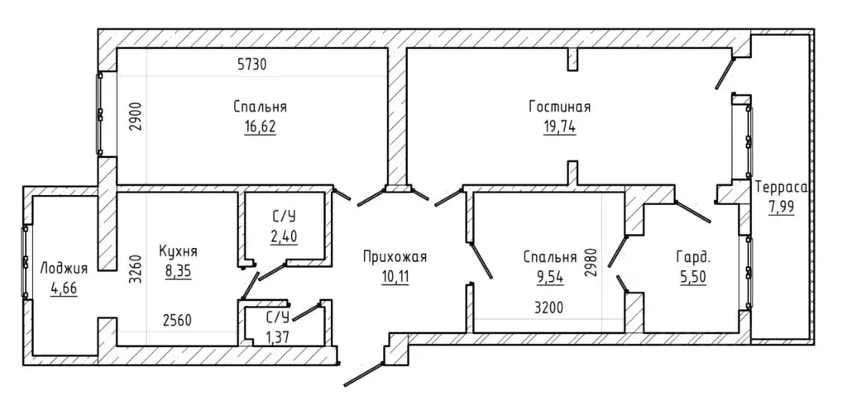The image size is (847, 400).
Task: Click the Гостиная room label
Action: (560, 107)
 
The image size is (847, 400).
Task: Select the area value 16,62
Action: (260, 126)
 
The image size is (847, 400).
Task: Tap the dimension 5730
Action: (252, 64)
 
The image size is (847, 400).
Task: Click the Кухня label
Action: (179, 251)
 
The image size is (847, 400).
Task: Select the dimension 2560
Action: (178, 321)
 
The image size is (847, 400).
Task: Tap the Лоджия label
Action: (64, 269)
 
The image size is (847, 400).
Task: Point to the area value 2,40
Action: (285, 236)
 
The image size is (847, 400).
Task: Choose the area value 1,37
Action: (278, 337)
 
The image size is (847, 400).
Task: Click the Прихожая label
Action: (395, 258)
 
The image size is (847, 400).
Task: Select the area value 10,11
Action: (395, 278)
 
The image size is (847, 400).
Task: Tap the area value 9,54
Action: (550, 278)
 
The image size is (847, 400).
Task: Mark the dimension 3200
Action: (550, 308)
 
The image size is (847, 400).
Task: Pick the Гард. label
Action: (692, 258)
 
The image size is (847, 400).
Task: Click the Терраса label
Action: (781, 188)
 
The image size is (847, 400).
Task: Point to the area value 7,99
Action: (781, 207)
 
